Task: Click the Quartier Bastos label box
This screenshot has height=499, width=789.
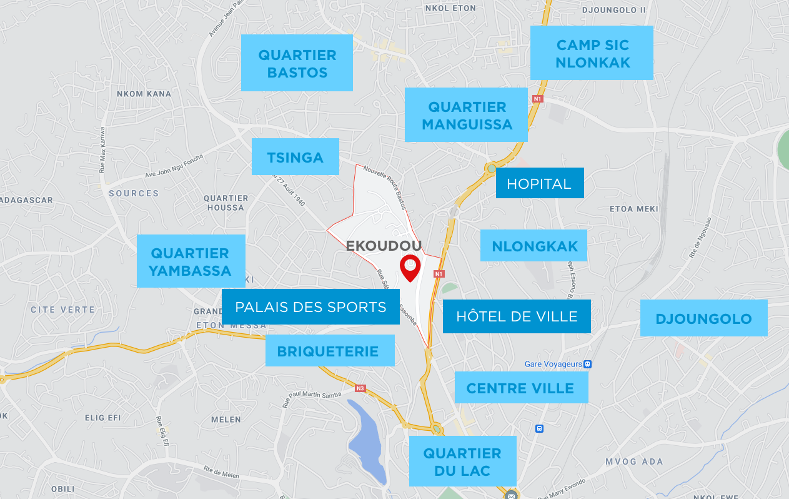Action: tap(297, 63)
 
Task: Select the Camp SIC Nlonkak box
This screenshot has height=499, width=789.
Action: tap(592, 53)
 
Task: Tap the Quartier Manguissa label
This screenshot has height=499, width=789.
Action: tap(466, 115)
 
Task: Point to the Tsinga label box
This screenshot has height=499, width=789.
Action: tap(295, 157)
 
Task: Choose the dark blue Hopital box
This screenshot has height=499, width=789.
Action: tap(539, 183)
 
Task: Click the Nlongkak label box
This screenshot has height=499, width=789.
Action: tap(534, 246)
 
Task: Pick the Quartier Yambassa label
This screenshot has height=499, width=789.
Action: tap(191, 261)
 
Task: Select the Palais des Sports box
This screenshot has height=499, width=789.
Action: tap(310, 307)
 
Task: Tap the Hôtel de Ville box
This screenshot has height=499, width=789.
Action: tap(517, 316)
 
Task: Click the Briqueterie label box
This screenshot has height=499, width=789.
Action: tap(329, 351)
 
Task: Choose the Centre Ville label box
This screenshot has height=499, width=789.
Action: tap(520, 388)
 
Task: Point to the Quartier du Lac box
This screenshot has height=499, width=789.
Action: tap(462, 461)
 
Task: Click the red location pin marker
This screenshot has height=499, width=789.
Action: tap(410, 268)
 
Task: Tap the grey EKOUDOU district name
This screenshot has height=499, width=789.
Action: tap(384, 246)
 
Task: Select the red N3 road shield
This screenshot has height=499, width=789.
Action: tap(360, 388)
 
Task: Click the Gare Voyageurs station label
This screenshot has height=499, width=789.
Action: tap(553, 364)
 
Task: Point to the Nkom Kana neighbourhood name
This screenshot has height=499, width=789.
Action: tap(144, 94)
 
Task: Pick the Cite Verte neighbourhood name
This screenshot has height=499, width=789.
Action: tap(63, 310)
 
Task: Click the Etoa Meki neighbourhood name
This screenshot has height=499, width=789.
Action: tap(633, 209)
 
